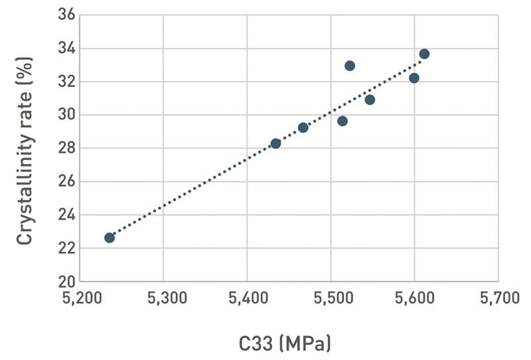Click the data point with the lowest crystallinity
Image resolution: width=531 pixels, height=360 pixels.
110,238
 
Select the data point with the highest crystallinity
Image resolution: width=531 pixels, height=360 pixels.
424,54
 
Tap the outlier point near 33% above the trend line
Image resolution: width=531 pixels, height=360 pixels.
350,66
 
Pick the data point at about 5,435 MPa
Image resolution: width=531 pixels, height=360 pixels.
275,143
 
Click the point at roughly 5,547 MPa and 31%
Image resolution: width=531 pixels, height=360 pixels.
370,100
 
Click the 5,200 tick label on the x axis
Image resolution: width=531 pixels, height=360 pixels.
80,299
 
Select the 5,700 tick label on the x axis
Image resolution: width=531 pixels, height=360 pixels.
498,299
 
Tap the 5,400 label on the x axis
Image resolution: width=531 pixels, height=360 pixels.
247,299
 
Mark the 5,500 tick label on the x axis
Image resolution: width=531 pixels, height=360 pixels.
331,299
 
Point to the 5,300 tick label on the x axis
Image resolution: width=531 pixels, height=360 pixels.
163,299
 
